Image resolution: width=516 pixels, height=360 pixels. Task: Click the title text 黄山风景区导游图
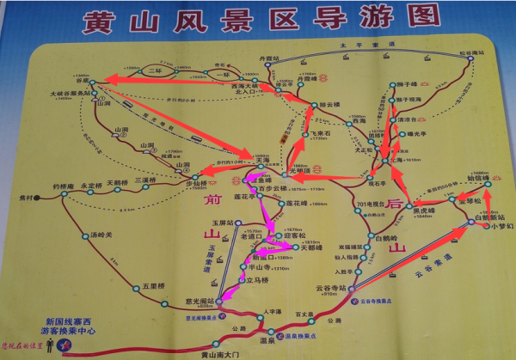pyautogui.click(x=258, y=20)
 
